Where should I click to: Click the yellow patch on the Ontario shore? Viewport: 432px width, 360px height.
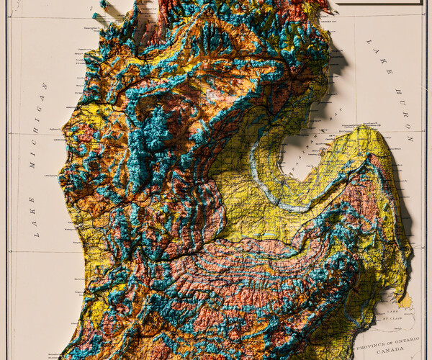click(x=407, y=299)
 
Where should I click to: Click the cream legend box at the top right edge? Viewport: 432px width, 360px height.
click(x=378, y=2)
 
